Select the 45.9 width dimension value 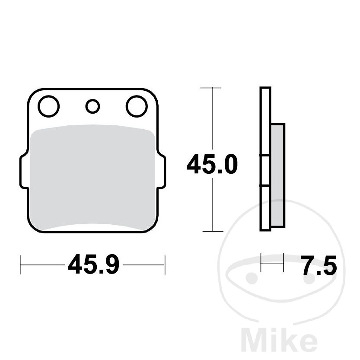click(94, 264)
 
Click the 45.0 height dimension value click(212, 164)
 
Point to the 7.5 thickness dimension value click(319, 265)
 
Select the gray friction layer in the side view click(277, 175)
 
